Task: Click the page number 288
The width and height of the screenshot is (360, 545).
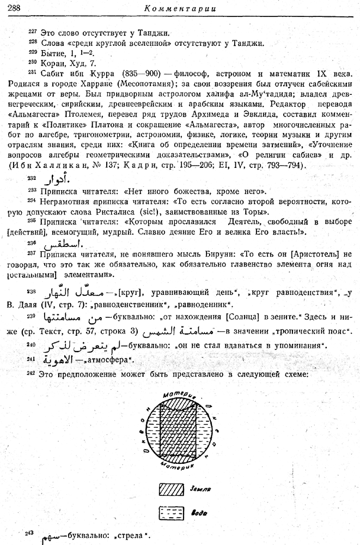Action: [11, 8]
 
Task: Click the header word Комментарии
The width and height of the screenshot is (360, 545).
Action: [179, 8]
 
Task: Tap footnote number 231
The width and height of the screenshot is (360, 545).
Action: [32, 72]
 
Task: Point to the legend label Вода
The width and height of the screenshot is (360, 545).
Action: [198, 513]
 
